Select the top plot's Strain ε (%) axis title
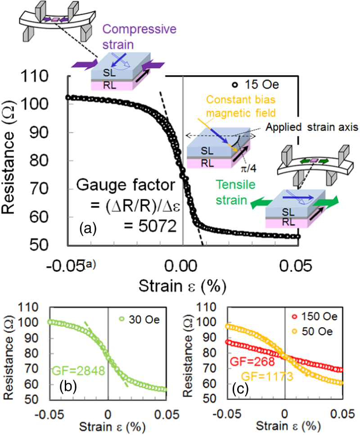(182, 285)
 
